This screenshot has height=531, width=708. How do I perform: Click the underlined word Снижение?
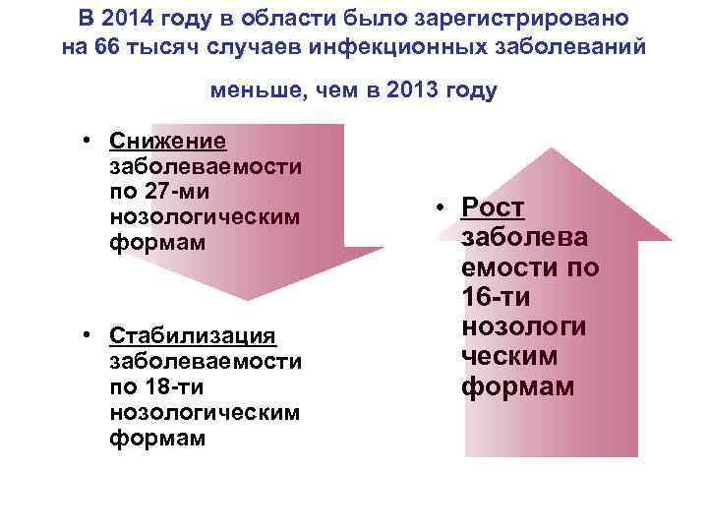click(168, 142)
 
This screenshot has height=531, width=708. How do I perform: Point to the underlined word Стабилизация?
click(193, 336)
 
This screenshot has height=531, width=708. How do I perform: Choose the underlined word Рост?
click(493, 207)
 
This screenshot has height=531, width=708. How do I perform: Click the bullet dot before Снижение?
click(88, 142)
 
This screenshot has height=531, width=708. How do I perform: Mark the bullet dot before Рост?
click(442, 207)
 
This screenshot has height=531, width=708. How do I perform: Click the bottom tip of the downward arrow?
click(249, 299)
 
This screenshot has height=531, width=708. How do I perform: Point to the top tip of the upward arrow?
click(553, 148)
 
